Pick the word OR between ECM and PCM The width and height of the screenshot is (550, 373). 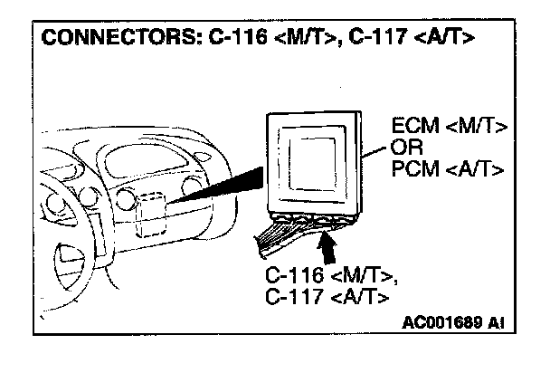coord(403,147)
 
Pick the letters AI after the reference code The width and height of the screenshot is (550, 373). coord(495,322)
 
